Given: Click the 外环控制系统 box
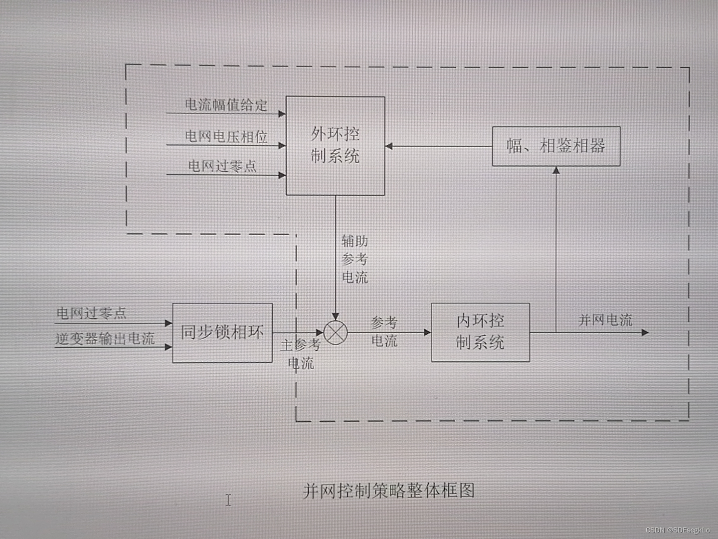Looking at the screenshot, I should tap(335, 145).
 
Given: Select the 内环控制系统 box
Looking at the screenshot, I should tap(480, 332).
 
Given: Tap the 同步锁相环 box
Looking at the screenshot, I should tap(222, 332).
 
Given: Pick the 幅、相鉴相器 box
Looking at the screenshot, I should tap(556, 146).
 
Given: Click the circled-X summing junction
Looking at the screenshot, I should tap(336, 332).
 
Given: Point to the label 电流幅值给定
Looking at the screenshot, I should tap(226, 105).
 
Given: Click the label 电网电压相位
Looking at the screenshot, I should tap(226, 136).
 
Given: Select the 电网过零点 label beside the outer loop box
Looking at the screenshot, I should tap(222, 166).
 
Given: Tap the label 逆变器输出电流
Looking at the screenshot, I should tap(105, 339).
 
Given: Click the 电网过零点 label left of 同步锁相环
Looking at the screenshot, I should tap(91, 313).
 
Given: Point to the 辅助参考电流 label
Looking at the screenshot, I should tap(355, 259).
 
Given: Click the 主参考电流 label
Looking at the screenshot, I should tap(301, 353).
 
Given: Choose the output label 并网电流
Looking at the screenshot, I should tap(605, 320).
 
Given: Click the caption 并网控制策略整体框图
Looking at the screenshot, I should tap(388, 491).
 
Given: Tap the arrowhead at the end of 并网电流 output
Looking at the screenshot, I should tap(645, 332).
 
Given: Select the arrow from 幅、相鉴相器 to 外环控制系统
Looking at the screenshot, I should tap(439, 146).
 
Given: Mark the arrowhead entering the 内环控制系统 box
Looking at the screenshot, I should tap(427, 332).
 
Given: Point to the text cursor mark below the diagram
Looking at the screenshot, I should tap(228, 500).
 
